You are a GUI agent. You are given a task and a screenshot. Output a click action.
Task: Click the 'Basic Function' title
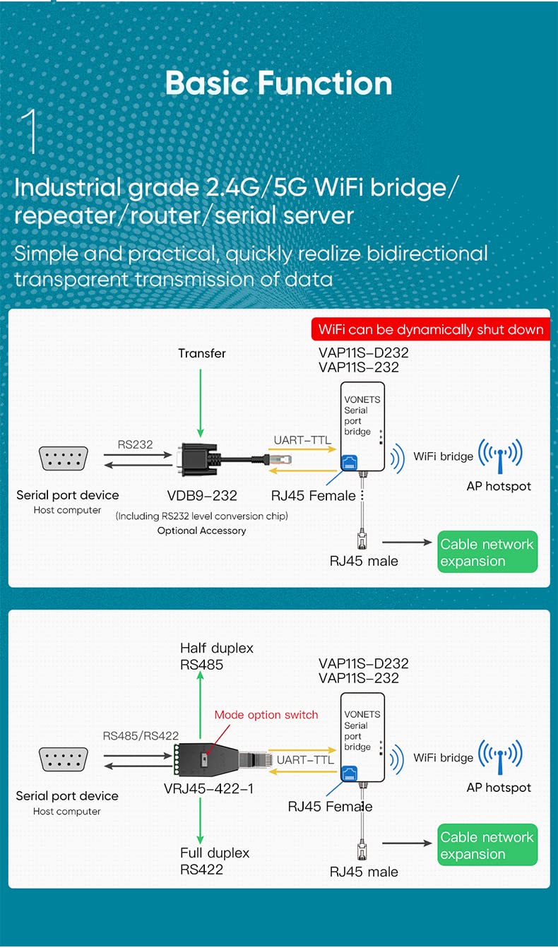click(278, 83)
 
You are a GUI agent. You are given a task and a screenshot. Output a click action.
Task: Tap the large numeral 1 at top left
click(30, 131)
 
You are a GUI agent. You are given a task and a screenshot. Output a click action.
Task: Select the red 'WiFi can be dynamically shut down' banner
click(430, 330)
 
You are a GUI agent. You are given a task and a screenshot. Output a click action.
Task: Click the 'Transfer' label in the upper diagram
click(201, 353)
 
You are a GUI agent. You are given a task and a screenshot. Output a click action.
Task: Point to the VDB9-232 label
click(201, 495)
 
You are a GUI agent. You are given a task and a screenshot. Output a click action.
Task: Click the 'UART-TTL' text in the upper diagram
click(302, 441)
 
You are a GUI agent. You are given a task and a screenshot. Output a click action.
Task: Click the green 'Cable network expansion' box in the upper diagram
click(487, 552)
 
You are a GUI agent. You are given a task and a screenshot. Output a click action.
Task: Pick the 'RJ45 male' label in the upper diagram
click(364, 561)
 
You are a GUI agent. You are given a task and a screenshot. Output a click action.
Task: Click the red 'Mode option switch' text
click(266, 715)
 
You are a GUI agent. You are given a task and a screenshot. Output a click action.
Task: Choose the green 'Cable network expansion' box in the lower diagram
click(487, 845)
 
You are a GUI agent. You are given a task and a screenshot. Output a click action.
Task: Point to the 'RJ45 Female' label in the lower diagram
click(330, 806)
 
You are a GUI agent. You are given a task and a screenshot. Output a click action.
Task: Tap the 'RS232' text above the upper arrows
click(135, 444)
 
